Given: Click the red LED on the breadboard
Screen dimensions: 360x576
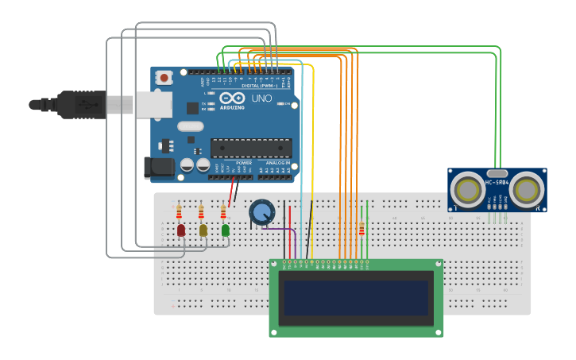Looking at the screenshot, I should tap(181, 230).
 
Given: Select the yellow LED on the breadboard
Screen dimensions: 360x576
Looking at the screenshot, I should tap(203, 230).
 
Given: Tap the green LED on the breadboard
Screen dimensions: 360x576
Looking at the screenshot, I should tap(226, 230).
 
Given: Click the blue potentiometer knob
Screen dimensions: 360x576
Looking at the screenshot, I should tap(261, 211).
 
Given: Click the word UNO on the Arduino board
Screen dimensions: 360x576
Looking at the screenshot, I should tap(261, 99).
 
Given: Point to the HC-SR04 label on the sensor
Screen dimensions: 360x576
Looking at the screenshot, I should tap(497, 184).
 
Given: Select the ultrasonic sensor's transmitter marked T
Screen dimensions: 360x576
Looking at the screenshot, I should tap(467, 190).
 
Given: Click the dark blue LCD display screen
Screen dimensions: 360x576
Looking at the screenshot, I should tap(355, 297).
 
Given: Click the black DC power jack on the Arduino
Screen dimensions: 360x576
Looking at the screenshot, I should tap(158, 167).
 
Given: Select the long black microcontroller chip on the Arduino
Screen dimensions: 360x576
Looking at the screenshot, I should tap(250, 148).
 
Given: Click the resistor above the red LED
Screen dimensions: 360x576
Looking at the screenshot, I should tap(179, 212).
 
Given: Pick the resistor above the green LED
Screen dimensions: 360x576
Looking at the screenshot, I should tap(223, 212).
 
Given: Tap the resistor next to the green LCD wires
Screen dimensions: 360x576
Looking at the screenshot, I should tap(362, 229).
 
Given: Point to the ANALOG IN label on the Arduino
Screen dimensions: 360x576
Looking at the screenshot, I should tap(277, 163).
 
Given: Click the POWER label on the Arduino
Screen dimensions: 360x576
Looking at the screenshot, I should tap(243, 163).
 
